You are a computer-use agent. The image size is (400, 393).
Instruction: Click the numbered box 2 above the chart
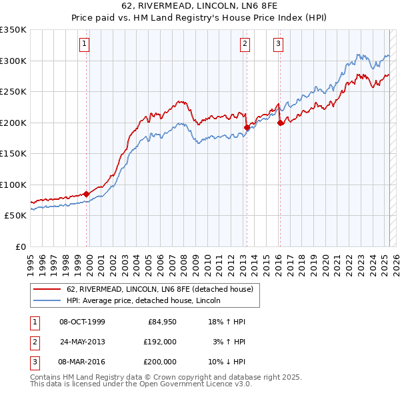(245, 45)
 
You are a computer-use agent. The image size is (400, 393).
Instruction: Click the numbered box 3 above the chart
(277, 45)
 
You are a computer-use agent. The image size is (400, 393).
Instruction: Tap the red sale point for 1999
(87, 194)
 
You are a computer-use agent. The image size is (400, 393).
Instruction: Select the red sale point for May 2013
(247, 127)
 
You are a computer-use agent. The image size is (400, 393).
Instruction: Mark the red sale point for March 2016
(280, 123)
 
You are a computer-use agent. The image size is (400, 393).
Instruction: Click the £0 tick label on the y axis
(20, 246)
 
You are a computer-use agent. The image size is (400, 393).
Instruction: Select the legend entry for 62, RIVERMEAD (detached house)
(159, 290)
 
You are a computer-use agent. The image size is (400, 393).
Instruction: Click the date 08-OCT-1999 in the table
(82, 322)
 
